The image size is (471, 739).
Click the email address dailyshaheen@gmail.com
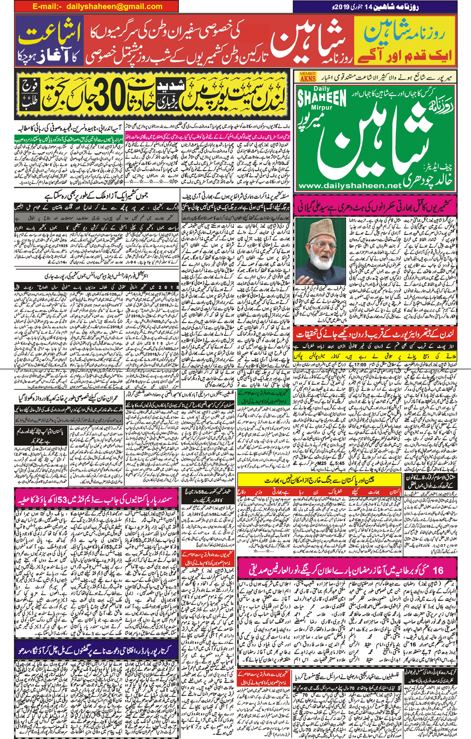114,6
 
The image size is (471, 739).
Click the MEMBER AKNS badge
308,77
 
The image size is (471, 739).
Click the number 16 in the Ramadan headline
437,570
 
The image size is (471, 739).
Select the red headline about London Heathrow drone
375,334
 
